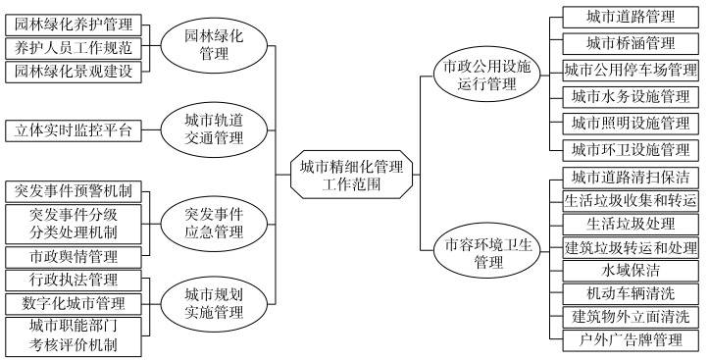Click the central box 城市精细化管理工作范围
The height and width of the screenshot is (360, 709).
[350, 175]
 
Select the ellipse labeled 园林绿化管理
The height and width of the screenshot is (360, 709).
[213, 45]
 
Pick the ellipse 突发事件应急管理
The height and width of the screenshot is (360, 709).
[213, 223]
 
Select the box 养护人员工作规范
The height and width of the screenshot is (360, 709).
[74, 47]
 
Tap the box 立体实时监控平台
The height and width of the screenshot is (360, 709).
[74, 129]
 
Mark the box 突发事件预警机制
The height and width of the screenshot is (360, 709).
[74, 189]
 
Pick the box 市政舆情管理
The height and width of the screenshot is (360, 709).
[74, 257]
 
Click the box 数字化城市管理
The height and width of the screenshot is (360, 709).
[74, 303]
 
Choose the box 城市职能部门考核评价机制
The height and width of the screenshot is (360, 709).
[74, 335]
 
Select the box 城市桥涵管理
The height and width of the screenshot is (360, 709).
[630, 43]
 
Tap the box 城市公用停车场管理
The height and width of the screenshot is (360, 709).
[630, 70]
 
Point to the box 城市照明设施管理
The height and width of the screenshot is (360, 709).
[630, 123]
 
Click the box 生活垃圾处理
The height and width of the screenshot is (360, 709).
[630, 223]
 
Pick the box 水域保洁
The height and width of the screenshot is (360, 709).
[630, 270]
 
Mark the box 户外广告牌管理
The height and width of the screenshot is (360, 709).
[630, 340]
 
